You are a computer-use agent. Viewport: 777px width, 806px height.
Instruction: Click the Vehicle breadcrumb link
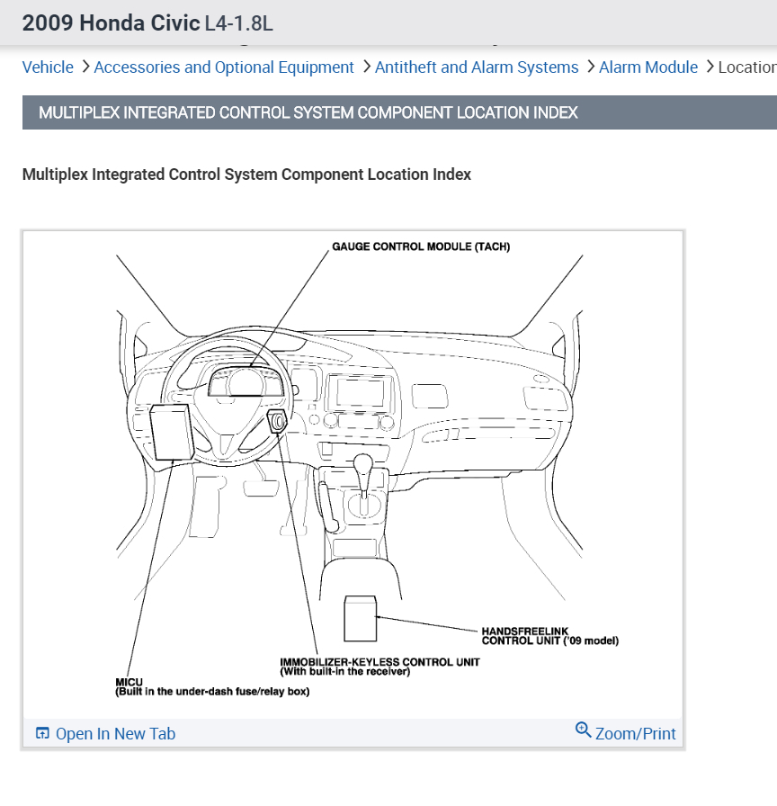tap(48, 67)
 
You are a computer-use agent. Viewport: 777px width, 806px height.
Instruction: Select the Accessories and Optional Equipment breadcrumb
tap(224, 67)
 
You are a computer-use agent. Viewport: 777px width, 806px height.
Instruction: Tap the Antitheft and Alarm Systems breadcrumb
tap(477, 67)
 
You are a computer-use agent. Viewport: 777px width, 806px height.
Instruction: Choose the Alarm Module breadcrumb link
tap(647, 67)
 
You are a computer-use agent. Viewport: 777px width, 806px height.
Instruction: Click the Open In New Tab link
tap(115, 734)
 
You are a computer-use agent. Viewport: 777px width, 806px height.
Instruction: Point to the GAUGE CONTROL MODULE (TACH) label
tap(421, 246)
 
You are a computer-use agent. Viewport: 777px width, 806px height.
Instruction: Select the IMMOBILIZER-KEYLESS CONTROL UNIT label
tap(380, 662)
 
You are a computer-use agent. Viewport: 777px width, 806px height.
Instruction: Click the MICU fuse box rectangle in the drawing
tap(171, 432)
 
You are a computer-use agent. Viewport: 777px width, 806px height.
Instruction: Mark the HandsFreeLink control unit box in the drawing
tap(361, 617)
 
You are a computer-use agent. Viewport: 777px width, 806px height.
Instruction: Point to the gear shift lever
tap(363, 469)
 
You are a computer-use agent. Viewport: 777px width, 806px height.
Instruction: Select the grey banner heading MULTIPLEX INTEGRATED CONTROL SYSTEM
tap(308, 112)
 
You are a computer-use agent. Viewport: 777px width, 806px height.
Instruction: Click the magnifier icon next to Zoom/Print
tap(583, 730)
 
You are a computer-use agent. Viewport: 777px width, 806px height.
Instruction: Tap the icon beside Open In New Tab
tap(42, 734)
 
